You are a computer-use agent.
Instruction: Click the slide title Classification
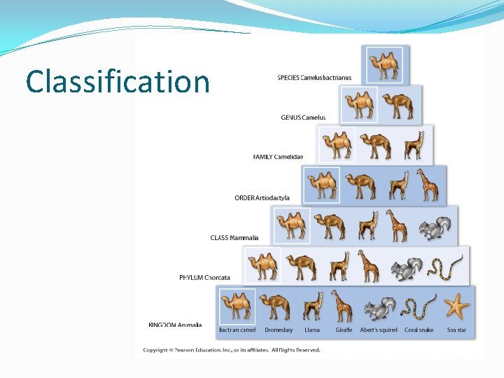tap(118, 82)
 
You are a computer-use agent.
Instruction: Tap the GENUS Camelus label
tap(303, 118)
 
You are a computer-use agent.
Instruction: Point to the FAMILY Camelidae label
tap(278, 157)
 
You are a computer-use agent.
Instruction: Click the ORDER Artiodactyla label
tap(262, 198)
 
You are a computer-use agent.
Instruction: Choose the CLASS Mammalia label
tap(234, 238)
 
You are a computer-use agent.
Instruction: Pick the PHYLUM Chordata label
tap(204, 278)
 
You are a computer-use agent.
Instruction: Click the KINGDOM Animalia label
tap(175, 325)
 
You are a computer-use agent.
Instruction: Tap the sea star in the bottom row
tap(457, 307)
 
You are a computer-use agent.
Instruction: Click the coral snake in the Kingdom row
tap(419, 307)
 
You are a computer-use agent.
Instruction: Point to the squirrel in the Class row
tap(434, 228)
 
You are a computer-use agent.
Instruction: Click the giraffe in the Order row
tap(427, 185)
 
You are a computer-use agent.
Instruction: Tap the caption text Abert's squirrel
tap(378, 330)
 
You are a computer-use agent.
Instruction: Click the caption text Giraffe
tap(343, 330)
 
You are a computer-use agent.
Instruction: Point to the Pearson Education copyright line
tap(232, 350)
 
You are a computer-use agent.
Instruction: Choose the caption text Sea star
tap(457, 330)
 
